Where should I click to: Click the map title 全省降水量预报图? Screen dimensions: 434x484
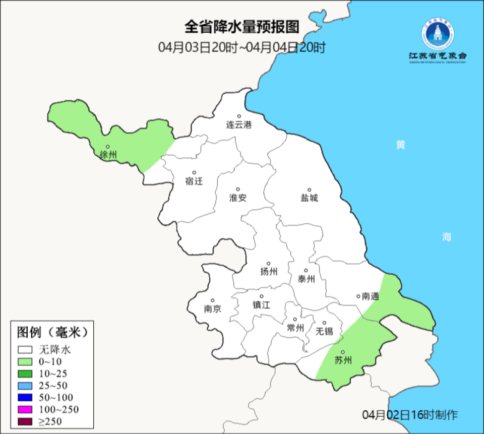coord(242,26)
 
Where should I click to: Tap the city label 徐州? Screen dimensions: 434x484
coord(108,155)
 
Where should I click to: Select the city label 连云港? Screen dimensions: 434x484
coord(238,125)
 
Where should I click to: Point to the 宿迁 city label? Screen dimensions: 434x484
coord(194,181)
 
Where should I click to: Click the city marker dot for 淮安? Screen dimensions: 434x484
coord(238,190)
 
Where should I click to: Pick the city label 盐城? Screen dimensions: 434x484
coord(309,198)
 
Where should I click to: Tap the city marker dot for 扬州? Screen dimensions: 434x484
coord(269,263)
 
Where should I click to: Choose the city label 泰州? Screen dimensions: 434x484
coord(306,279)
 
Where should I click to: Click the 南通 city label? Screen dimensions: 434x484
coord(371,297)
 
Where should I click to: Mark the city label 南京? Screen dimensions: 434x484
coord(212,309)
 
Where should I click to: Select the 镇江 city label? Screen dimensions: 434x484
coord(262,305)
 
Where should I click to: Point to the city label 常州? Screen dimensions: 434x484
coord(295,328)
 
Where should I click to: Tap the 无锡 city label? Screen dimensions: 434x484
coord(324,331)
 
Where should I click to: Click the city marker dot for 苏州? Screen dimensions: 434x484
coord(343,352)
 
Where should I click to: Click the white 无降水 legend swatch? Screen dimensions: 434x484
coord(25,349)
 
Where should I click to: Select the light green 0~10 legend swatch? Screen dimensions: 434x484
coord(25,361)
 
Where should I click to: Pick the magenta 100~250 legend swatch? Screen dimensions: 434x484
coord(25,409)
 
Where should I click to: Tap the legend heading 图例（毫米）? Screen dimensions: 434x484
coord(52,332)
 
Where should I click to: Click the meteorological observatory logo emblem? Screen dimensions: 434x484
coord(438,34)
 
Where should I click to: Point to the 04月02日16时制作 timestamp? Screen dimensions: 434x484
coord(410,415)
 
